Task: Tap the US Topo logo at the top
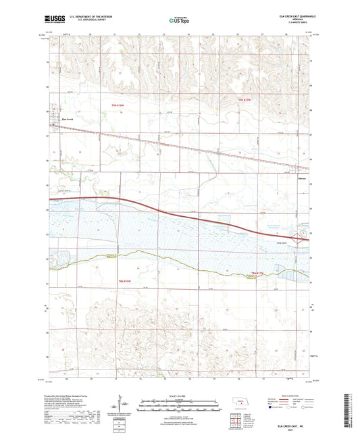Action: [x=179, y=21]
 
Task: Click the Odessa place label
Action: [x=302, y=178]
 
